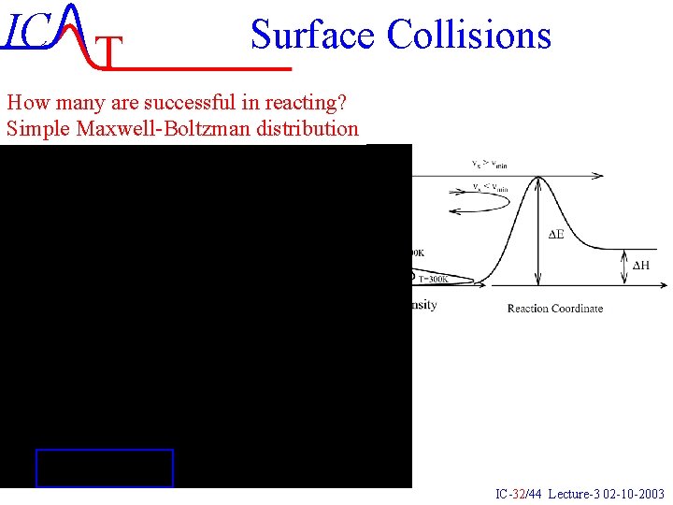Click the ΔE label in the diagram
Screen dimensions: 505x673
[x=555, y=234]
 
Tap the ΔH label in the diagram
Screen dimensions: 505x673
[x=641, y=266]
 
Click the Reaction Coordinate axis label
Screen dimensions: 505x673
[x=555, y=308]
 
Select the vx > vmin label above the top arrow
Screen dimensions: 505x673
[x=489, y=165]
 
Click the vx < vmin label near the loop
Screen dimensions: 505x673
[x=490, y=188]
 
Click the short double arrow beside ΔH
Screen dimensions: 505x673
[x=623, y=267]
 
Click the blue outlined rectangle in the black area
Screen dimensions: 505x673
[x=104, y=468]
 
